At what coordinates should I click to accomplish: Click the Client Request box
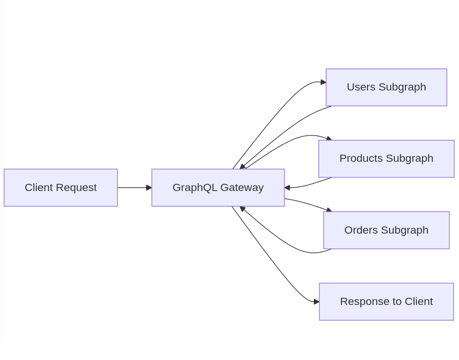(x=60, y=188)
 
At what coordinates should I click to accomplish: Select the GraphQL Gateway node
(x=218, y=188)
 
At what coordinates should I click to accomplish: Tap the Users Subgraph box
(x=386, y=87)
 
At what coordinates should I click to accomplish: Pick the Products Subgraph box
(x=386, y=158)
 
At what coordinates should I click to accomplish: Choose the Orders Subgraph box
(x=386, y=230)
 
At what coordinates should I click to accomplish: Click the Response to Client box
(x=386, y=302)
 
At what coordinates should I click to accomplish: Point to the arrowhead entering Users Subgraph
(x=323, y=82)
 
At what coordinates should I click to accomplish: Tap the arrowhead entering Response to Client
(x=317, y=302)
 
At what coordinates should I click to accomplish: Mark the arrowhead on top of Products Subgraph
(x=329, y=138)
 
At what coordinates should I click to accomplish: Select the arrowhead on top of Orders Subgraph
(x=329, y=210)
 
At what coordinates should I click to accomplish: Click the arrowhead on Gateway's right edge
(x=287, y=188)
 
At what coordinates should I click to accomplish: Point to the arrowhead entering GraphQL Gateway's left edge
(x=149, y=188)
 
